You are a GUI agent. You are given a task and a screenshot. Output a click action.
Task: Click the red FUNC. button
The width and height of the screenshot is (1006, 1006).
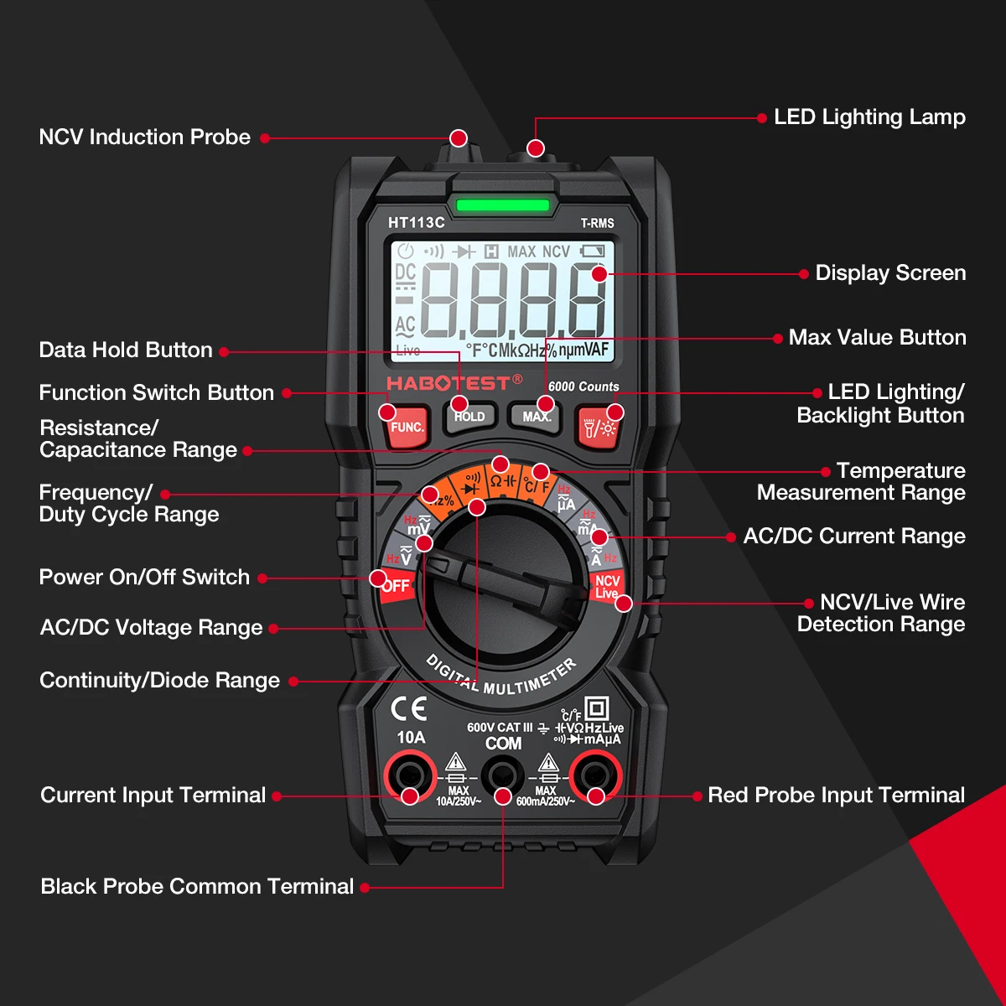coord(407,427)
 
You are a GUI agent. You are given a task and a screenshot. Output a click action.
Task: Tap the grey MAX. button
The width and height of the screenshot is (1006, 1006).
coord(536,417)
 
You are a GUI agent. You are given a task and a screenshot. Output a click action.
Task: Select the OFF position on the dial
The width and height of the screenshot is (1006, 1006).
coord(395,585)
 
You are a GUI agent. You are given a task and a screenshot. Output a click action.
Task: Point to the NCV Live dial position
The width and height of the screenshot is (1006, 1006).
coord(606,586)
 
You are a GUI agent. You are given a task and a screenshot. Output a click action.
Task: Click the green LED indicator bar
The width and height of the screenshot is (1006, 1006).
coord(502,205)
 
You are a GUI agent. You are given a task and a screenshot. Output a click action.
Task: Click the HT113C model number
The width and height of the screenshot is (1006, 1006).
coord(416,222)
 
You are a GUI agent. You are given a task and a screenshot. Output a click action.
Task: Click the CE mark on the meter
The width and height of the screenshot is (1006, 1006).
coord(409,709)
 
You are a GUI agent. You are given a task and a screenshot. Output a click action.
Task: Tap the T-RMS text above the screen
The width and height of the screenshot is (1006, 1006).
coord(597,223)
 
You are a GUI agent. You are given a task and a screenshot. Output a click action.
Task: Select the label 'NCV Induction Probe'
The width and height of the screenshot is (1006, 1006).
coord(144,137)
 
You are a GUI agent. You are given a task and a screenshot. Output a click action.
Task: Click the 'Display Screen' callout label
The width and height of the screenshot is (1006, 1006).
coord(890,272)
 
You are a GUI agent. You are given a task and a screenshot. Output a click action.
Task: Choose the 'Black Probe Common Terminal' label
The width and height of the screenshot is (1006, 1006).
coord(197,886)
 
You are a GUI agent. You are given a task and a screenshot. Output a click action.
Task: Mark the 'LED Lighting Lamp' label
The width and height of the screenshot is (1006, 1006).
coord(869,117)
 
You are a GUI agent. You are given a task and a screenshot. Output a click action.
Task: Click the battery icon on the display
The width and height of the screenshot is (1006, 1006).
coord(592,251)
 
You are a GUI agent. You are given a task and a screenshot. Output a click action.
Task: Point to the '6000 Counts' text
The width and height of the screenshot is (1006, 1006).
coord(583,386)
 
